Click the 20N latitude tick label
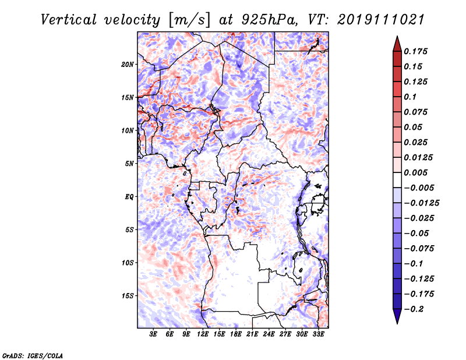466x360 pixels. tap(128, 65)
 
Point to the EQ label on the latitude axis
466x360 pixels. tap(129, 197)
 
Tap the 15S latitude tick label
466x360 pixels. tap(128, 296)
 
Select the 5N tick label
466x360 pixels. tap(129, 164)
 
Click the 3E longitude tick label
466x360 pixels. tap(153, 334)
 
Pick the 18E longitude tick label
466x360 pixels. tap(236, 334)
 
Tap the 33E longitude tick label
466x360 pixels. tap(318, 334)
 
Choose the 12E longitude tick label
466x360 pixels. tap(203, 334)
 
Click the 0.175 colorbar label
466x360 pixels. tap(415, 51)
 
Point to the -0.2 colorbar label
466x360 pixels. tap(414, 309)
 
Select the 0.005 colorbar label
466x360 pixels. tap(415, 172)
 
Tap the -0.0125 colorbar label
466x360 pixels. tap(421, 203)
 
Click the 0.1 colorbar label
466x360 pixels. tap(410, 97)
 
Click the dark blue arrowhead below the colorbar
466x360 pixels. tap(397, 316)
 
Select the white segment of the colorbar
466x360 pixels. tap(397, 180)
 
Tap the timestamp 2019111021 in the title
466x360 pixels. tap(381, 20)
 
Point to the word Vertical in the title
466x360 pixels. tap(68, 20)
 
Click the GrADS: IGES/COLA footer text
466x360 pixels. tap(33, 355)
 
